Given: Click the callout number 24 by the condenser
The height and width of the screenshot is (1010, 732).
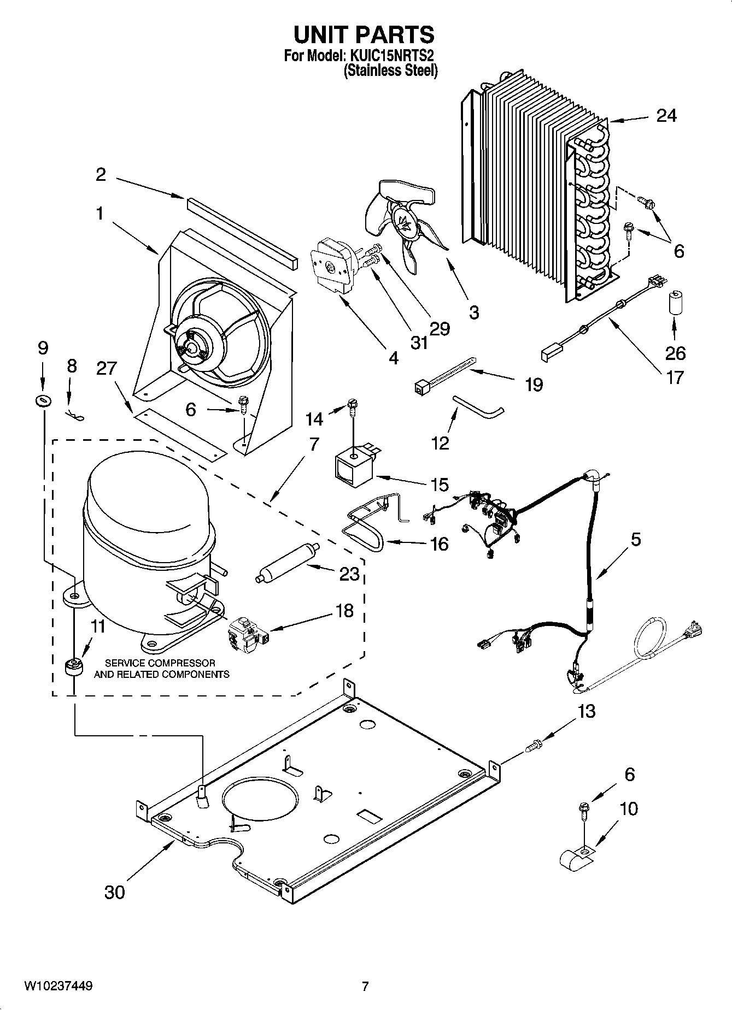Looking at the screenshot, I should [665, 116].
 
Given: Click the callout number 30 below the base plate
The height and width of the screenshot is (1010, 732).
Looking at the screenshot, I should [114, 892].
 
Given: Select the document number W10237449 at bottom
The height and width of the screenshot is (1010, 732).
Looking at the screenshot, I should [58, 987].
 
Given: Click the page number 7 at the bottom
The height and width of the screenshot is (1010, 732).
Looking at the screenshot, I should [365, 987].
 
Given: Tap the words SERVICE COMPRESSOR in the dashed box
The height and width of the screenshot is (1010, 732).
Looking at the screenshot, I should [160, 663].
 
